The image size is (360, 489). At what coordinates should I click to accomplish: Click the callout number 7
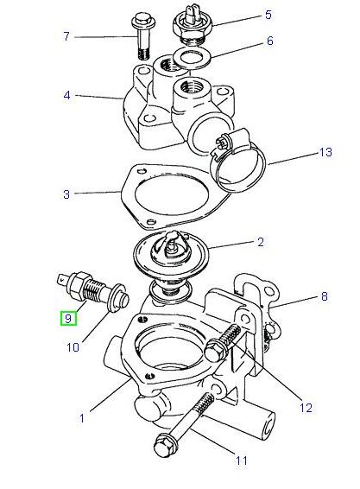pyautogui.click(x=66, y=36)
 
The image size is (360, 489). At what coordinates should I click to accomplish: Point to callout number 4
pyautogui.click(x=66, y=95)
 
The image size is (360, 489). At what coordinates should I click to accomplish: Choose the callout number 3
pyautogui.click(x=66, y=194)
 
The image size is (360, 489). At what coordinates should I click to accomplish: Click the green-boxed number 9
pyautogui.click(x=67, y=317)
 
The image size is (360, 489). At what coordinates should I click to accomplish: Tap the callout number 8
pyautogui.click(x=324, y=296)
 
